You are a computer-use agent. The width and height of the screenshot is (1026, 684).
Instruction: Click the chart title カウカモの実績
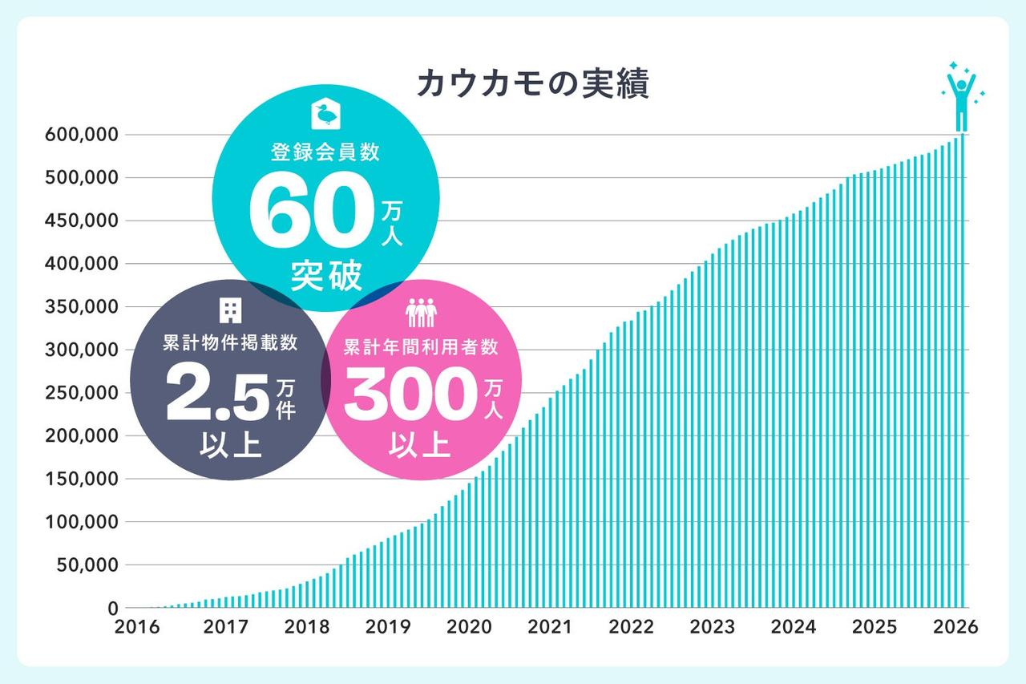tap(532, 84)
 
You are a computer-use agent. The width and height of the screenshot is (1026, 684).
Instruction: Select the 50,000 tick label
tap(83, 565)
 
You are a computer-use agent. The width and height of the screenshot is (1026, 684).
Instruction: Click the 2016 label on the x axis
tap(138, 627)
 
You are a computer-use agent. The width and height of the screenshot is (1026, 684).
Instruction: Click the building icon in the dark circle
tap(230, 310)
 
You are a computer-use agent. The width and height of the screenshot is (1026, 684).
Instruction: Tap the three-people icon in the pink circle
tap(420, 311)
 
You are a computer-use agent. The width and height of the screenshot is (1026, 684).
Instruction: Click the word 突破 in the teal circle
tap(326, 275)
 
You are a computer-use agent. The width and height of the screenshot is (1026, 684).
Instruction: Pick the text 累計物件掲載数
tap(229, 344)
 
